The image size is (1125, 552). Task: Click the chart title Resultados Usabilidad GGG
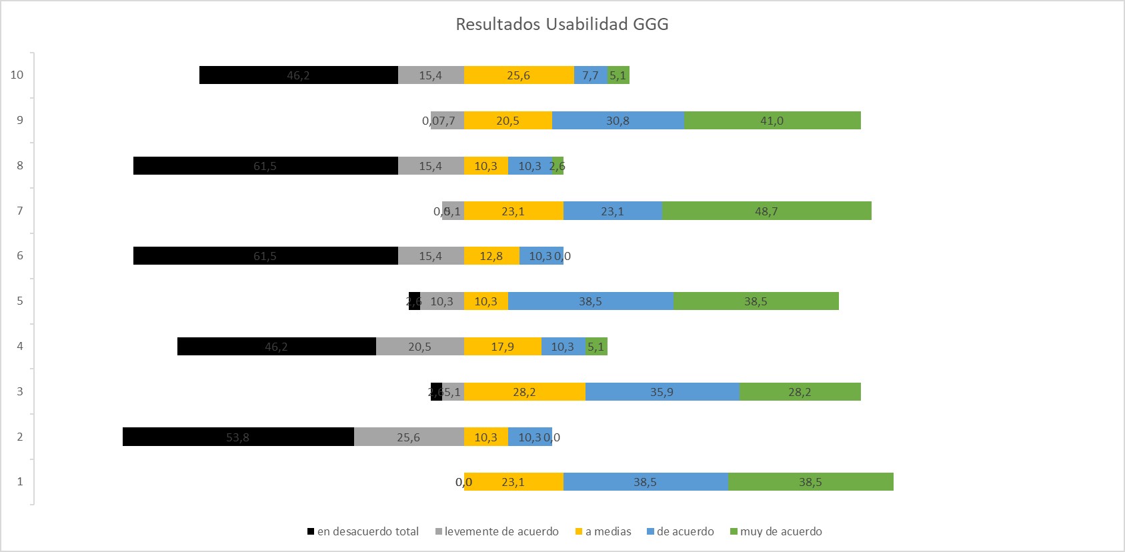point(561,25)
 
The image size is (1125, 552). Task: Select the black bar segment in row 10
point(298,75)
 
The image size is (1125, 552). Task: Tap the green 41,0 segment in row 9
point(772,121)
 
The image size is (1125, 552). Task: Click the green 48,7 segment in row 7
point(766,211)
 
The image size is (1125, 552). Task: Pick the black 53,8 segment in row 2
point(238,437)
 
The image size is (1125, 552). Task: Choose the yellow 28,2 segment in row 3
point(524,392)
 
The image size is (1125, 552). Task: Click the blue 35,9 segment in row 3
point(662,392)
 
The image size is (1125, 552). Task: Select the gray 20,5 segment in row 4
point(419,347)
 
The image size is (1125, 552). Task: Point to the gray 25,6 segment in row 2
point(408,437)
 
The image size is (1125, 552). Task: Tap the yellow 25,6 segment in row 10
point(518,75)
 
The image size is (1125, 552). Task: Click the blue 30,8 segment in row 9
point(618,121)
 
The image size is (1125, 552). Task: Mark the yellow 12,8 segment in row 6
point(491,256)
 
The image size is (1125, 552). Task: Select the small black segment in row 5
point(414,301)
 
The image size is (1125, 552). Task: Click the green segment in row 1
point(810,482)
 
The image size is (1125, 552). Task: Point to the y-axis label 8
point(20,165)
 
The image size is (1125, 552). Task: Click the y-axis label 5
point(20,301)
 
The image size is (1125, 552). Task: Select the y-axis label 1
point(20,481)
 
